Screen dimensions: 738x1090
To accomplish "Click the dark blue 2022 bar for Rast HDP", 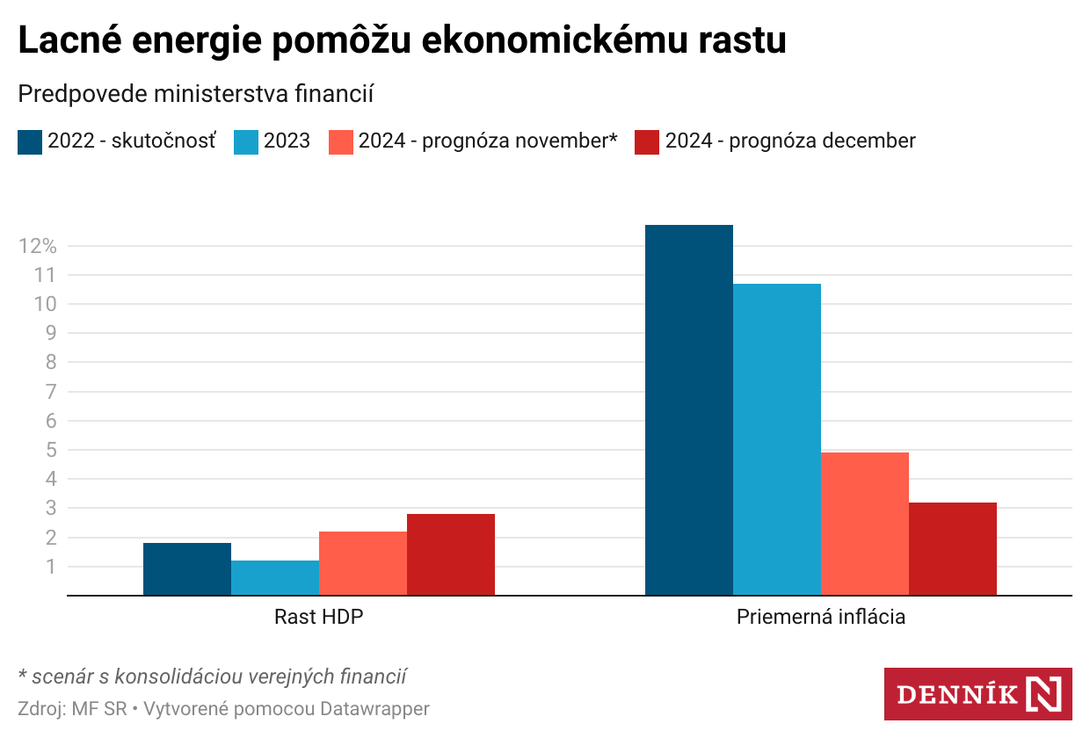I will (186, 568).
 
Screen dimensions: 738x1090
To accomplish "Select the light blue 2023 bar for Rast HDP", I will (274, 577).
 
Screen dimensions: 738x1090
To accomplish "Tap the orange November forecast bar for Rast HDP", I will (362, 563).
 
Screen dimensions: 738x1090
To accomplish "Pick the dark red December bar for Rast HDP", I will (450, 554).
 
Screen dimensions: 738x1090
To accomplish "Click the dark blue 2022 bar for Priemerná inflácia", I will (688, 410).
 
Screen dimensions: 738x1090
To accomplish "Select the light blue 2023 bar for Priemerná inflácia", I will (776, 439).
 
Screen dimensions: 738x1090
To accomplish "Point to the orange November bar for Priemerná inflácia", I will (864, 524).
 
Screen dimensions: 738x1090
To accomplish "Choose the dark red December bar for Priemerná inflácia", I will (952, 548).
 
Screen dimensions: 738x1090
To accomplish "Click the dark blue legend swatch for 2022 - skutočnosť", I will (30, 141).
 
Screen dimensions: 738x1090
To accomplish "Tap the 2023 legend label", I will (287, 141).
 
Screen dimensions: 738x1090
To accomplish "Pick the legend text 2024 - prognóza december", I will (790, 141).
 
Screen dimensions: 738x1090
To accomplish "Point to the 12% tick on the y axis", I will (37, 246).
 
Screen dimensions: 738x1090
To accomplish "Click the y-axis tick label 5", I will (49, 450).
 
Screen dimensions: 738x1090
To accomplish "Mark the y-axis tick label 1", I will (49, 567).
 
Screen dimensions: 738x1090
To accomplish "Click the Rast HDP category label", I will (318, 617).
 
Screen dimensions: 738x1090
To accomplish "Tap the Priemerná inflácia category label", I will (820, 617).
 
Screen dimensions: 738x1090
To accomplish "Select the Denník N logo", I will (977, 694).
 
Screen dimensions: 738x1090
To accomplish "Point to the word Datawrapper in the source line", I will (374, 708).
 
